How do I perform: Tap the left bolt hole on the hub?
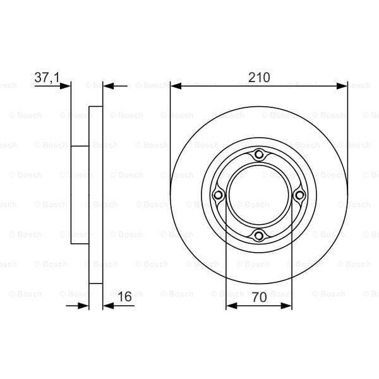[x=219, y=196]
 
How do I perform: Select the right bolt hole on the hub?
[x=299, y=196]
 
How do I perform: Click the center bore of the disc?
[x=258, y=196]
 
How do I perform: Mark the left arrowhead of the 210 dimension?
[x=176, y=85]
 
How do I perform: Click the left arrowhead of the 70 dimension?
[x=231, y=306]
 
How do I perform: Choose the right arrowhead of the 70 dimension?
[x=287, y=306]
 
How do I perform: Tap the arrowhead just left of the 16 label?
[x=108, y=306]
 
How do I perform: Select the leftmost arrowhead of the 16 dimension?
[x=83, y=306]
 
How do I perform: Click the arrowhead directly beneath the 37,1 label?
[x=66, y=85]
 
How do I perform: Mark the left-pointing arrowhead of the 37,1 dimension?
[x=108, y=85]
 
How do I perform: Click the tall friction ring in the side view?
[x=95, y=196]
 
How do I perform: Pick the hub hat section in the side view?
[x=80, y=196]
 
